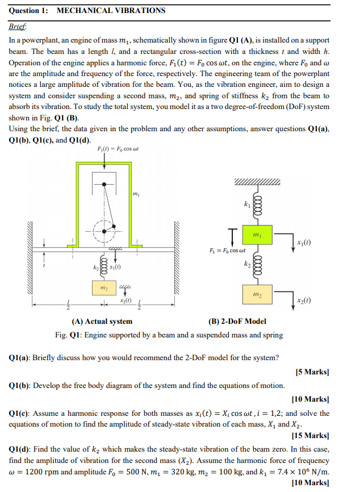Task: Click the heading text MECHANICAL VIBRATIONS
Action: tap(111, 10)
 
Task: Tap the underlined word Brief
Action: tap(19, 27)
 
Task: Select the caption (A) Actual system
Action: tap(101, 322)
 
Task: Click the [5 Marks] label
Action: tap(312, 372)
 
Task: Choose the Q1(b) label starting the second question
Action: tap(20, 386)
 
